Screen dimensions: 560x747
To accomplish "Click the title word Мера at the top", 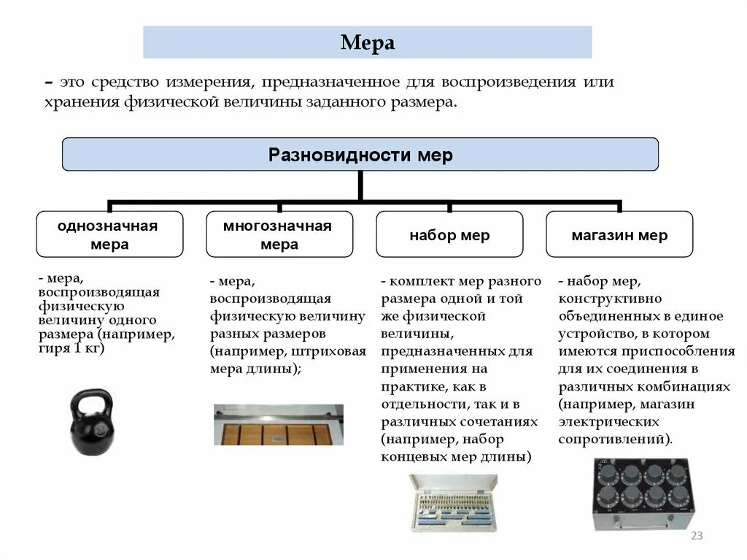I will point(368,43).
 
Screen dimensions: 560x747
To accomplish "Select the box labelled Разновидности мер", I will point(360,155).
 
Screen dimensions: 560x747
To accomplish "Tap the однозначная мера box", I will point(109,234).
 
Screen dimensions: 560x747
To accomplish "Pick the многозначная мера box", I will point(279,234).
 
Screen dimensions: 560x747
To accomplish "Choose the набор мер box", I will point(449,235).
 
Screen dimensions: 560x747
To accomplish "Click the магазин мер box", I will point(619,235).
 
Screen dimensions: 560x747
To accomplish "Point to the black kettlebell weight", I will point(92,423).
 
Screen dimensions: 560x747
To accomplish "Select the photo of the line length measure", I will point(278,425).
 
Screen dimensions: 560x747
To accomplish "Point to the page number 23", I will point(696,537).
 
